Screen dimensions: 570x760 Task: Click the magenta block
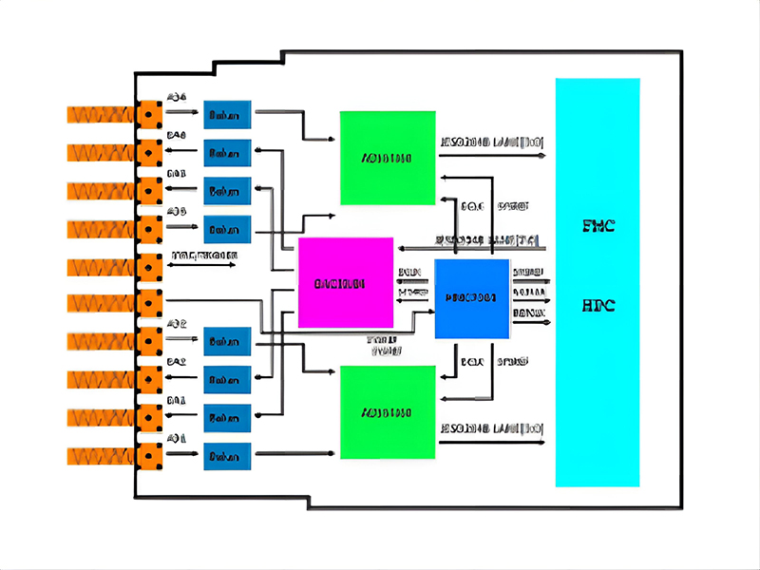tap(346, 282)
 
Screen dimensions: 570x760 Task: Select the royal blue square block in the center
tap(472, 298)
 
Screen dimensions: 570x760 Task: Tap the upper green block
tap(388, 158)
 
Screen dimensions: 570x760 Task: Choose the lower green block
tap(388, 412)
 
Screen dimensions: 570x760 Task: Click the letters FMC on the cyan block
tap(598, 226)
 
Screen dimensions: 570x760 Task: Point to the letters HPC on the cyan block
tap(598, 306)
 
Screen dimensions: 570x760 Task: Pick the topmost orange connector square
tap(149, 114)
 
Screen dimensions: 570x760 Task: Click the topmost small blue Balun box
tap(227, 115)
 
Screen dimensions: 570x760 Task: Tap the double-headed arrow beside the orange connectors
tap(202, 265)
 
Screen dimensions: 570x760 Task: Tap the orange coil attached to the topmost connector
tap(101, 114)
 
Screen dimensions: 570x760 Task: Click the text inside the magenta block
tap(346, 282)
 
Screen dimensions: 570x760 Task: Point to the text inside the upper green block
tap(387, 158)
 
